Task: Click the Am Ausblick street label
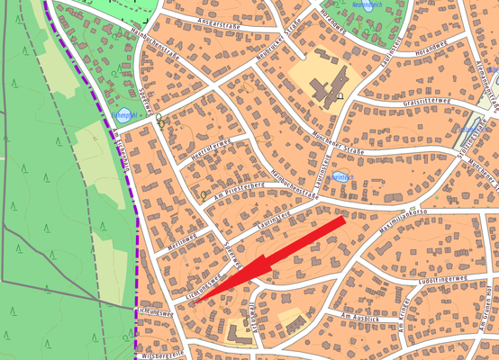[362, 318]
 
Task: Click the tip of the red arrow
[192, 304]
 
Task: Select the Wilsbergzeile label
[162, 354]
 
